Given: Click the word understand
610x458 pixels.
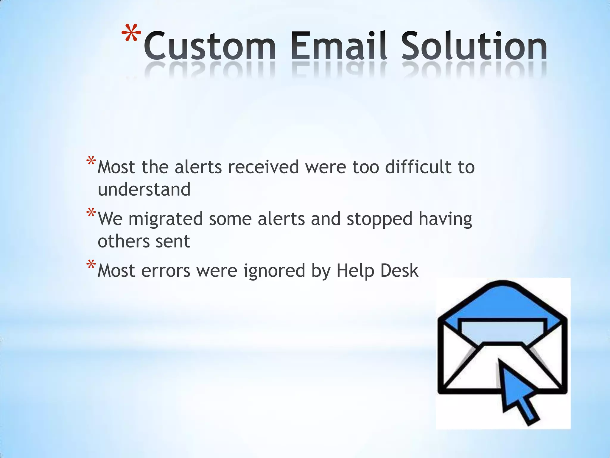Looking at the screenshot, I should tap(144, 190).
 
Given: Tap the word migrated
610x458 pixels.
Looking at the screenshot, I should tap(166, 219).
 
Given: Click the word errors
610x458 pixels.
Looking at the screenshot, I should tap(166, 271).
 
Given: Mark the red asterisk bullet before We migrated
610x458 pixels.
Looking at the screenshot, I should tap(91, 213).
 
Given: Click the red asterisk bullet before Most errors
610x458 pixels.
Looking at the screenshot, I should tap(91, 265).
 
